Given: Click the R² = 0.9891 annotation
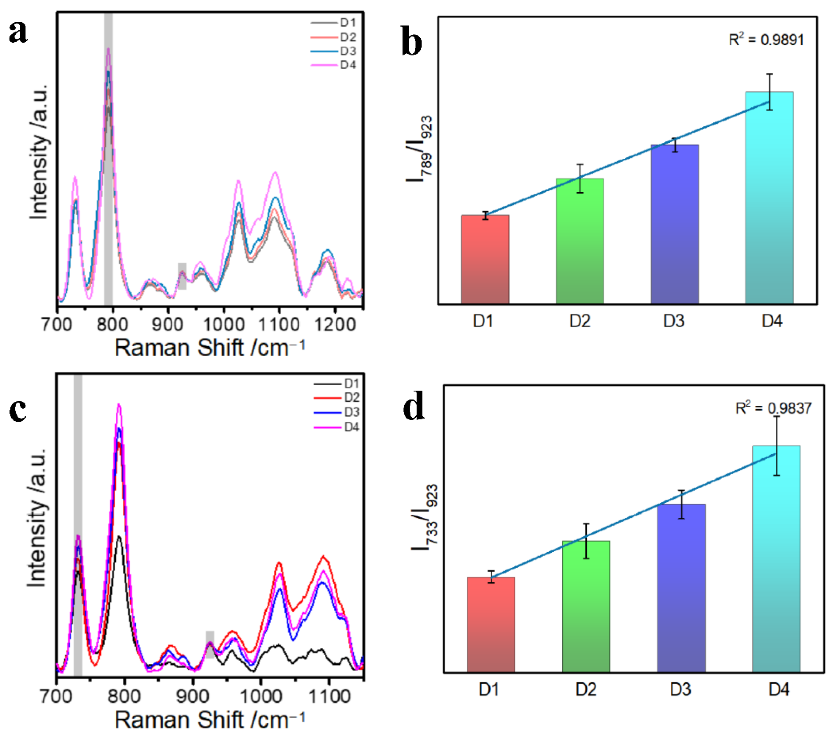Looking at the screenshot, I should pos(766,40).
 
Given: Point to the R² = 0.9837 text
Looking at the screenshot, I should pos(773,408).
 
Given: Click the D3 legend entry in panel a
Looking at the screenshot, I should pos(334,51).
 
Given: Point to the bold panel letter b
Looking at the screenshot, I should pos(411,42).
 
